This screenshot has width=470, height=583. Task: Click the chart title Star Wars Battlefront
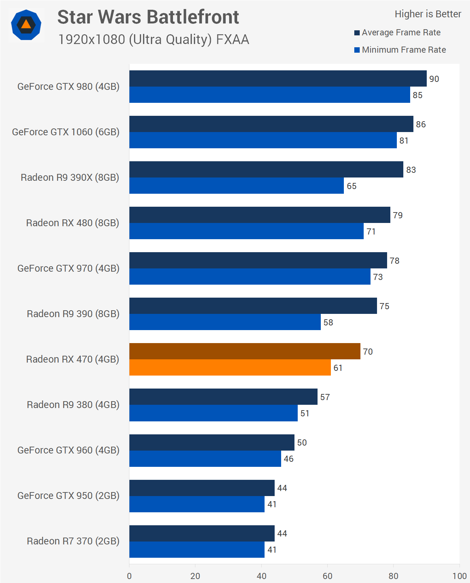pyautogui.click(x=148, y=17)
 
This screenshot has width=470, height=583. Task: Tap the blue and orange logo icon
pyautogui.click(x=26, y=25)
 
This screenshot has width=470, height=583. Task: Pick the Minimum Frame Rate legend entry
pyautogui.click(x=400, y=50)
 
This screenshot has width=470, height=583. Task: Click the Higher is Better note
pyautogui.click(x=427, y=14)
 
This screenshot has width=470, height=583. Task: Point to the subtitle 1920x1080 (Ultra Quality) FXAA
pyautogui.click(x=154, y=39)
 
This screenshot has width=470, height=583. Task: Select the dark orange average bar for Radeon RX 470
pyautogui.click(x=244, y=351)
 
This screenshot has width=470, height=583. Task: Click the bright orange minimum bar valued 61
pyautogui.click(x=230, y=367)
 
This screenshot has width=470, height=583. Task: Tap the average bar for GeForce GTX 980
pyautogui.click(x=278, y=78)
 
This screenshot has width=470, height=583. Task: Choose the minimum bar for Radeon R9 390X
pyautogui.click(x=236, y=185)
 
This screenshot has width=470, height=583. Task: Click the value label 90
pyautogui.click(x=434, y=79)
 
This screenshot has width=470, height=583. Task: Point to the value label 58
pyautogui.click(x=328, y=323)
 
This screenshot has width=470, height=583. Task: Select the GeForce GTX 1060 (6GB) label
pyautogui.click(x=66, y=132)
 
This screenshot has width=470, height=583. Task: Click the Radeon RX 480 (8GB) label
pyautogui.click(x=72, y=223)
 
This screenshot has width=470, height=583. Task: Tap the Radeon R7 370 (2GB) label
pyautogui.click(x=73, y=541)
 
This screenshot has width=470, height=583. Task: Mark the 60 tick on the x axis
pyautogui.click(x=327, y=576)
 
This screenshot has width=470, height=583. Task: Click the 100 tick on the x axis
pyautogui.click(x=459, y=576)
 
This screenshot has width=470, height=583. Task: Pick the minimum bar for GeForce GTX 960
pyautogui.click(x=205, y=459)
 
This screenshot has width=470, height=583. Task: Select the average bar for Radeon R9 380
pyautogui.click(x=223, y=396)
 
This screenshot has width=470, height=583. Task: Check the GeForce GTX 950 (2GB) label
pyautogui.click(x=68, y=496)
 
